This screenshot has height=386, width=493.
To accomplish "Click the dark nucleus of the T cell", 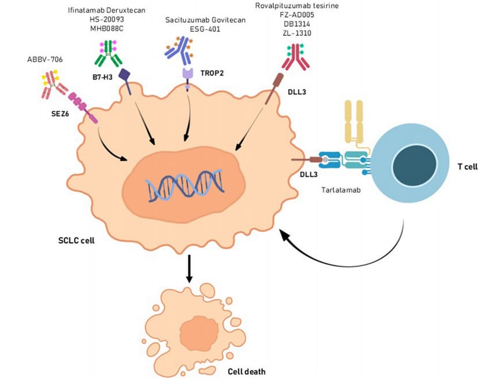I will click(408, 166).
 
